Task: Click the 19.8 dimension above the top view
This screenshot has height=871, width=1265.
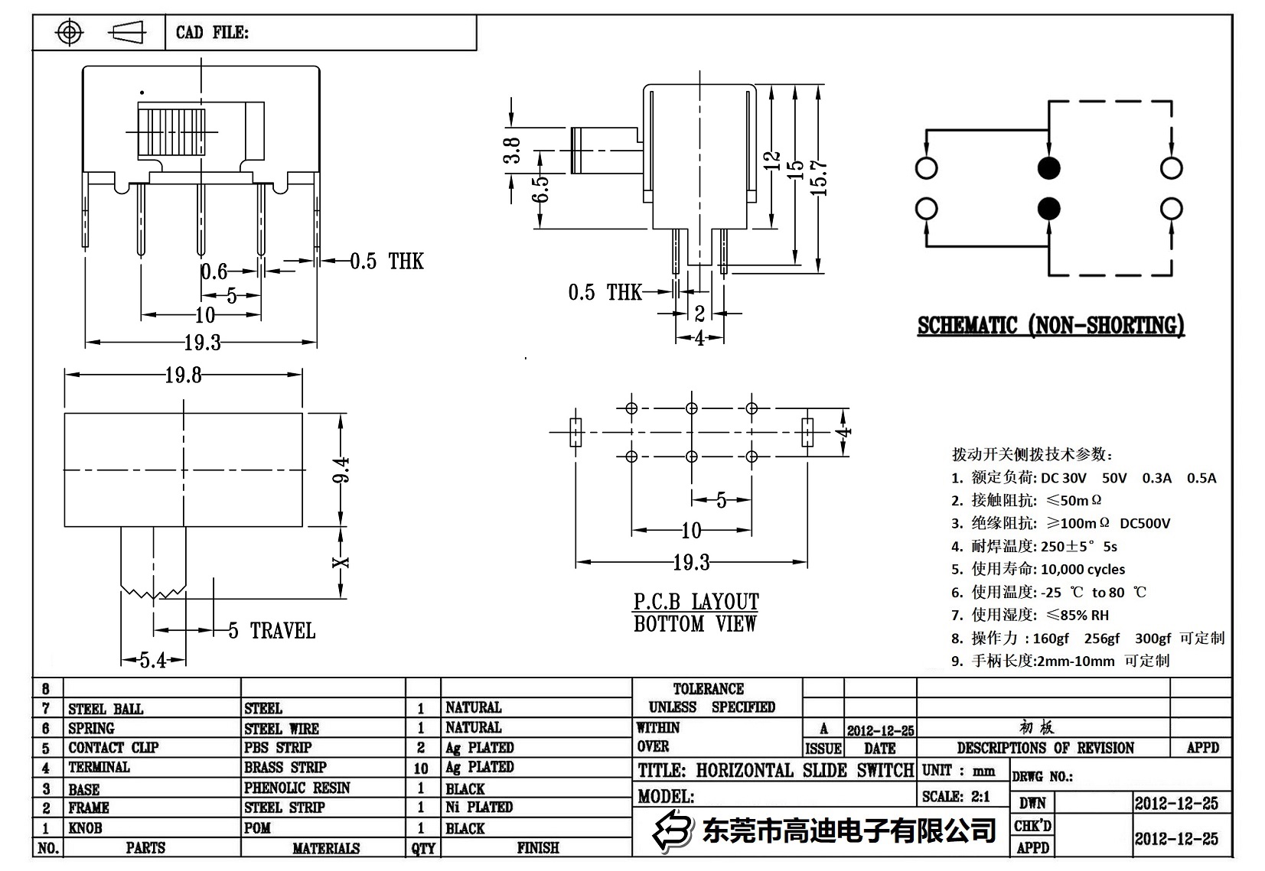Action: pyautogui.click(x=184, y=375)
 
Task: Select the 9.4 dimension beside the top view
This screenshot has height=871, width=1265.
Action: pyautogui.click(x=342, y=470)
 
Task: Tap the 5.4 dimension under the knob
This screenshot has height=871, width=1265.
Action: pyautogui.click(x=152, y=660)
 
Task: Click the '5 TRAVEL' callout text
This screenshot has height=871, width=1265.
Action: pyautogui.click(x=272, y=631)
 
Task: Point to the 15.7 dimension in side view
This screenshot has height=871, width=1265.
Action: pyautogui.click(x=821, y=178)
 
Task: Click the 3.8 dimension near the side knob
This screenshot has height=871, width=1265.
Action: pyautogui.click(x=512, y=150)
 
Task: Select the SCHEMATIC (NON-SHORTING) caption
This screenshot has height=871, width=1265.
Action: pyautogui.click(x=1050, y=326)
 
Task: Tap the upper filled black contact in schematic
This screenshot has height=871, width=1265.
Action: pyautogui.click(x=1048, y=168)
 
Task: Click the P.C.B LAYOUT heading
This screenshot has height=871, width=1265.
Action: pyautogui.click(x=696, y=602)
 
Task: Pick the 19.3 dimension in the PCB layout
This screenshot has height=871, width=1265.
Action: pyautogui.click(x=690, y=563)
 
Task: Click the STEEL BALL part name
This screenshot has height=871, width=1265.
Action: pyautogui.click(x=106, y=709)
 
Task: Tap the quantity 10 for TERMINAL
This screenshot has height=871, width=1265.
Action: pyautogui.click(x=421, y=768)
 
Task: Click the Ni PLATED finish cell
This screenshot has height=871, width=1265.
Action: pyautogui.click(x=479, y=807)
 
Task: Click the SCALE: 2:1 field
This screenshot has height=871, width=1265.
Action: pyautogui.click(x=956, y=796)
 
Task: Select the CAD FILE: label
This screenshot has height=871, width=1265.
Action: pyautogui.click(x=212, y=32)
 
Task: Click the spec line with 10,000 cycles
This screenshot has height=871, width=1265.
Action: pyautogui.click(x=1038, y=569)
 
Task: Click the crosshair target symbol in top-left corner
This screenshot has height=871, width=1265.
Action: pyautogui.click(x=70, y=32)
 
